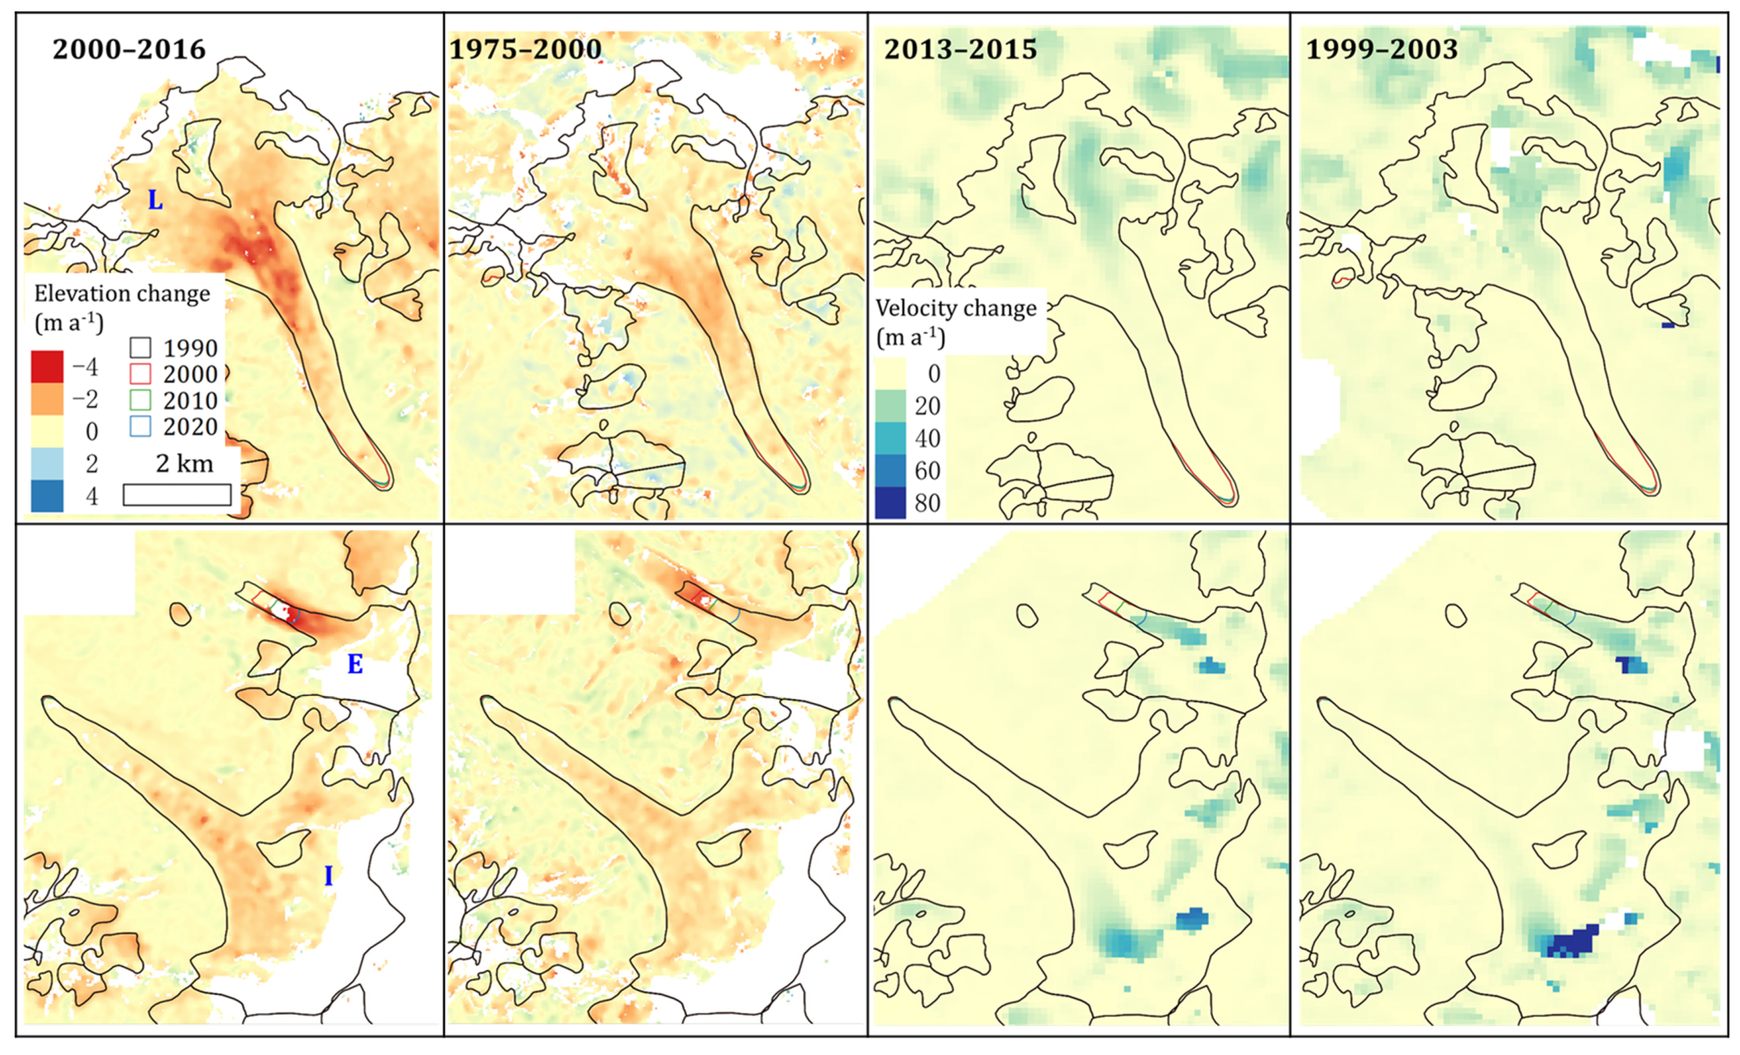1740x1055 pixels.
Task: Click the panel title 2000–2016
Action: [129, 49]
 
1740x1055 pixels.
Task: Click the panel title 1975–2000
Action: [525, 49]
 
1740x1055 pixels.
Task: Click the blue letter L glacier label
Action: [155, 201]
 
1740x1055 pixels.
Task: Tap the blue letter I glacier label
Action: [329, 876]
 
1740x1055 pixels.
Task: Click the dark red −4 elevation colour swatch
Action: [47, 366]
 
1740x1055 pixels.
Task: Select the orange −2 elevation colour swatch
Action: [47, 399]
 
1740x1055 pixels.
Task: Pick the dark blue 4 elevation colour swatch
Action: [47, 496]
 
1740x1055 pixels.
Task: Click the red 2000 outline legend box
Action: [141, 374]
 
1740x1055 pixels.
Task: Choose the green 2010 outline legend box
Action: [141, 400]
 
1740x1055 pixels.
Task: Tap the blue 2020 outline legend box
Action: [141, 426]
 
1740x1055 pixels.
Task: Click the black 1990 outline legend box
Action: [141, 347]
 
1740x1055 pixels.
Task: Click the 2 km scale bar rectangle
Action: [177, 494]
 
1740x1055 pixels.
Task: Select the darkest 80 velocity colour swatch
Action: [890, 503]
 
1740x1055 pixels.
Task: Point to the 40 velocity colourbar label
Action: [927, 439]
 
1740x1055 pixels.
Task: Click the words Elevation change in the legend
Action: [122, 294]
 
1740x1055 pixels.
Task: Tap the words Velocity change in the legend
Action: [956, 308]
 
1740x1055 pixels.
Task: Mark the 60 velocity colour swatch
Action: [890, 471]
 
